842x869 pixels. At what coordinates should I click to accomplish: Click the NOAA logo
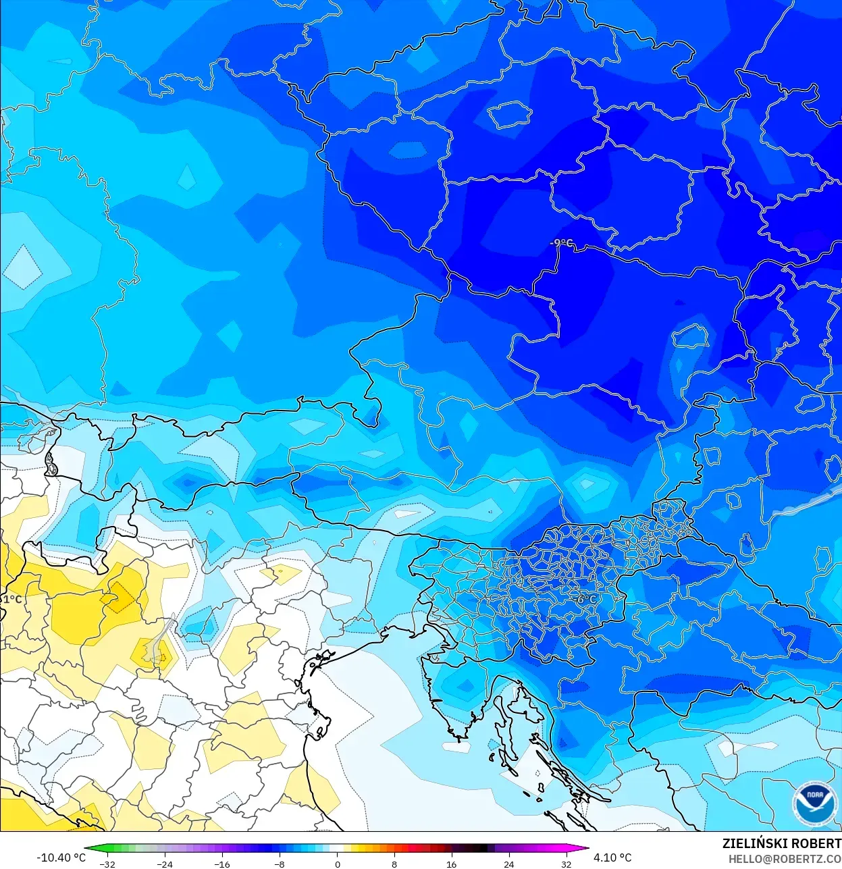tap(814, 802)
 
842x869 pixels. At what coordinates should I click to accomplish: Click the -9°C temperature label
tap(561, 243)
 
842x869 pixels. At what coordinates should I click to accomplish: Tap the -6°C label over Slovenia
tap(585, 599)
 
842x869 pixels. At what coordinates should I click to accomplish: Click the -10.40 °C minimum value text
tap(61, 858)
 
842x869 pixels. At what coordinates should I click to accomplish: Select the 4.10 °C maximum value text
tap(612, 858)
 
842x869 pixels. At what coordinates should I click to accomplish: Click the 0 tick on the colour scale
tap(337, 864)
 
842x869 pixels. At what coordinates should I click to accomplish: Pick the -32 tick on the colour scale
tap(107, 864)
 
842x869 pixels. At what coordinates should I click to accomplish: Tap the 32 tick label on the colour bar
tap(566, 864)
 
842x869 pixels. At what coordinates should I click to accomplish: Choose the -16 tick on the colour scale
tap(221, 864)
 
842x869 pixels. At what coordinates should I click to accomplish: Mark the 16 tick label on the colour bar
tap(451, 864)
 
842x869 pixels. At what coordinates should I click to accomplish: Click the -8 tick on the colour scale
tap(279, 864)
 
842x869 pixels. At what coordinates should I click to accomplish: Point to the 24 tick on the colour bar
tap(508, 864)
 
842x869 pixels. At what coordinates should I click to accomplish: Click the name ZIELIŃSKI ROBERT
tap(781, 844)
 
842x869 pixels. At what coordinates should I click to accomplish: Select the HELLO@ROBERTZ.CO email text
tap(785, 859)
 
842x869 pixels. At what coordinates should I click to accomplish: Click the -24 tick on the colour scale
tap(164, 864)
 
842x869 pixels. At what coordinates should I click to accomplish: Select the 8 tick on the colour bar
tap(394, 864)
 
